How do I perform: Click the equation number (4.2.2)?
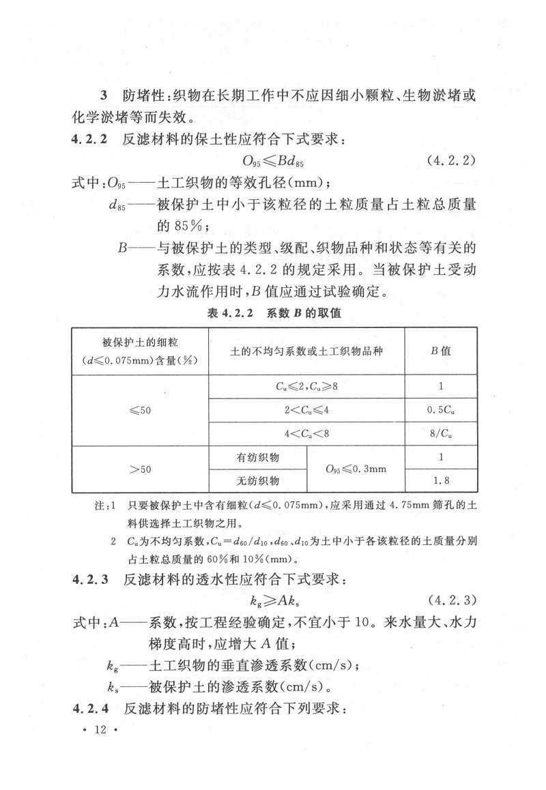[452, 162]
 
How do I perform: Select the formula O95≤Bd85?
[272, 162]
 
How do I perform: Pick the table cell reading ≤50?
[140, 409]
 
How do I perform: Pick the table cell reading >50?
[140, 469]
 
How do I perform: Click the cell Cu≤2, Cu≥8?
[306, 386]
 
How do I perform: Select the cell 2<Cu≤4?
[306, 409]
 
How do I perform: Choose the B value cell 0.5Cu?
[441, 409]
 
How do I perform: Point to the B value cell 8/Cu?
[441, 433]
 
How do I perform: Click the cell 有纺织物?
[258, 457]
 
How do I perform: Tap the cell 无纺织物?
[258, 481]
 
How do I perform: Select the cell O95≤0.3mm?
[356, 469]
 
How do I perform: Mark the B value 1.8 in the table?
[441, 481]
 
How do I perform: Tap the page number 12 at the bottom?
[100, 731]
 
